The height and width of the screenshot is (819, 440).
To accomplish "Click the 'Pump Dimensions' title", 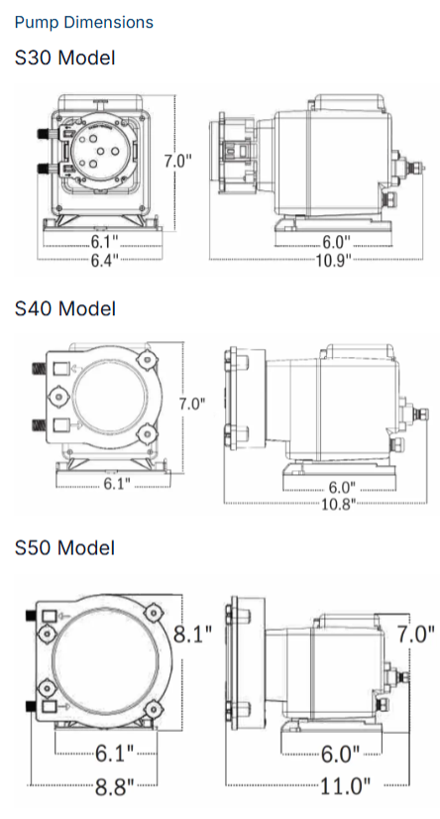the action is click(84, 23).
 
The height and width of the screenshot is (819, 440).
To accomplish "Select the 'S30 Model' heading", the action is click(64, 58).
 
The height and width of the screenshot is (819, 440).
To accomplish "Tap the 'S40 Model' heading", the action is click(64, 308).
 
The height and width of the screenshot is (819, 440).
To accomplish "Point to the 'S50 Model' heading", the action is click(64, 547).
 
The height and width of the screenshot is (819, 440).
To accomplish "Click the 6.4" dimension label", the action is click(105, 260).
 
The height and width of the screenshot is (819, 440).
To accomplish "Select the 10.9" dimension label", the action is click(333, 260).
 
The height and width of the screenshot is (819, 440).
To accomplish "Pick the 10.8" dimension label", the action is click(338, 504).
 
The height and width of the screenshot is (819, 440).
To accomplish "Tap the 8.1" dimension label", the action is click(192, 634).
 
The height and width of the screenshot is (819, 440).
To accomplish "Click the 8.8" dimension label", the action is click(114, 785).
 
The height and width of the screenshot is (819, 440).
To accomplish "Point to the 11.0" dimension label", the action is click(345, 785).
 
